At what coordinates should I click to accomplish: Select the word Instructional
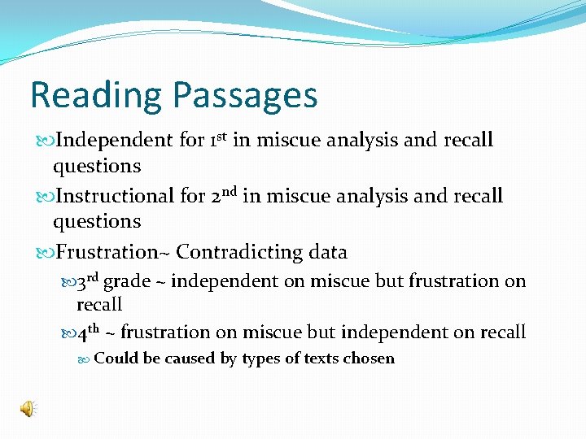click(x=113, y=196)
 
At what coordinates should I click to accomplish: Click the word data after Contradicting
click(x=328, y=252)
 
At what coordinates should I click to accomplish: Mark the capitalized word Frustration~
click(x=111, y=252)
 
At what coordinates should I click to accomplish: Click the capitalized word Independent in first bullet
click(x=113, y=140)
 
